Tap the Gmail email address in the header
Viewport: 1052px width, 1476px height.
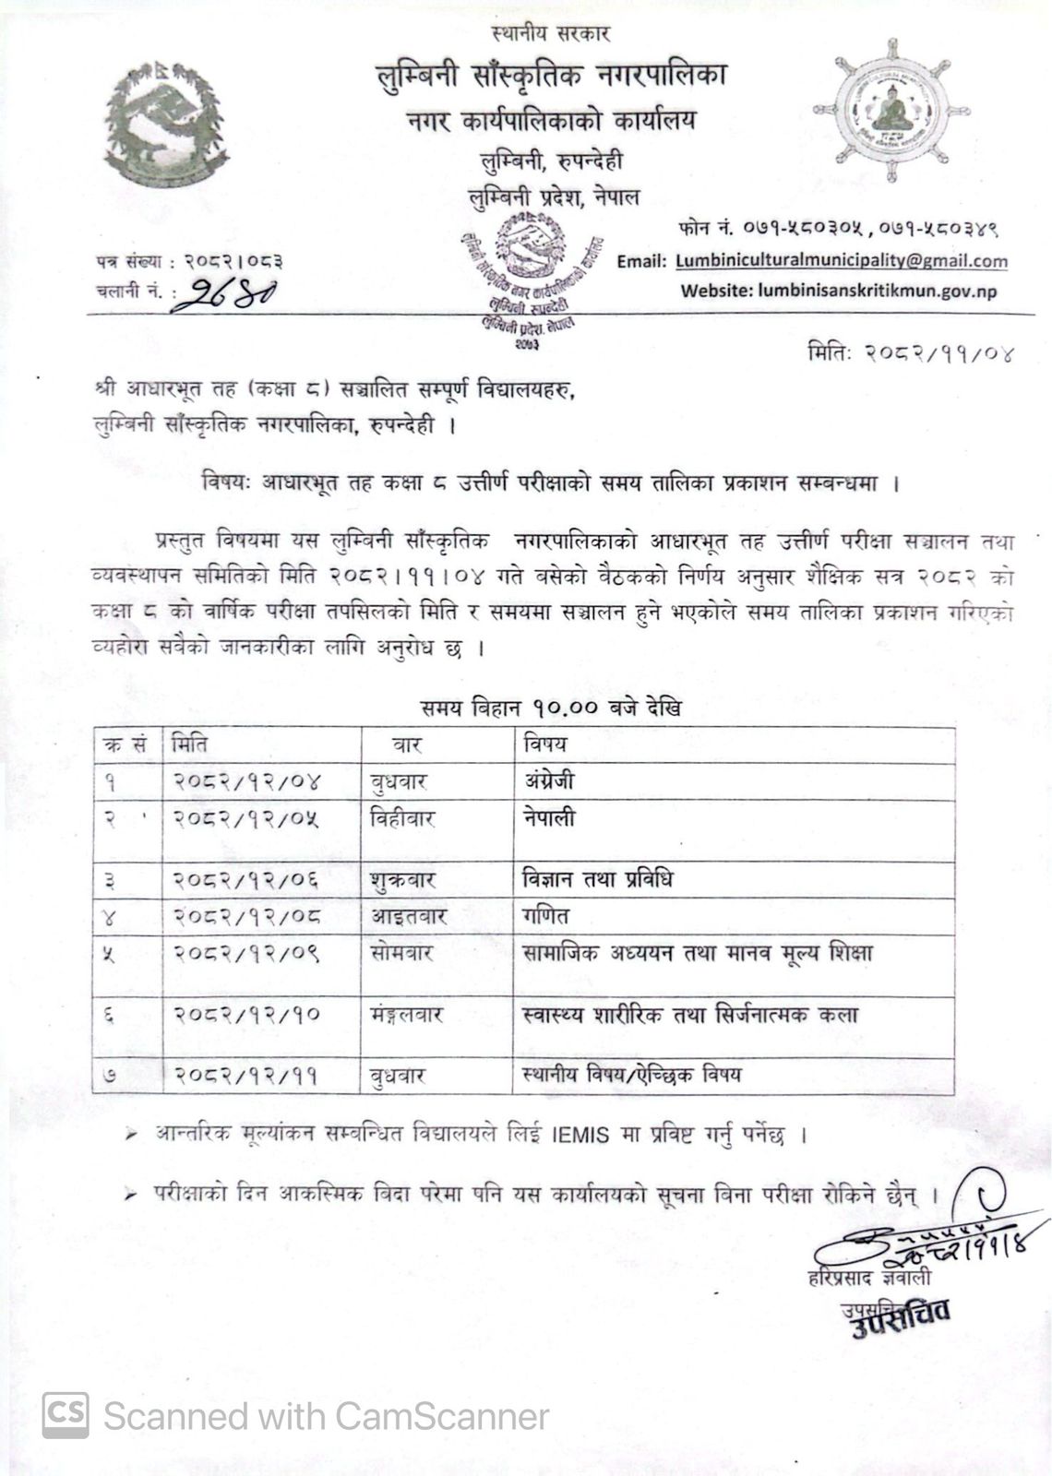tap(841, 261)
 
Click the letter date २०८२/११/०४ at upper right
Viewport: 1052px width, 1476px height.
tap(910, 353)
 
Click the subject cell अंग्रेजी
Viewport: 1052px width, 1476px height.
tap(547, 781)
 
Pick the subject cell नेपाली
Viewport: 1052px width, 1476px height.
tap(548, 818)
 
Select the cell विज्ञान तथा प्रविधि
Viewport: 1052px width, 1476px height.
tap(597, 879)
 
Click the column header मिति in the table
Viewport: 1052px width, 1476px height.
tap(189, 743)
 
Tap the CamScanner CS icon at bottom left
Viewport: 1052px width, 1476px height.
tap(66, 1414)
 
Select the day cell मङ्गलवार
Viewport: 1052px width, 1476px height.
tap(406, 1015)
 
